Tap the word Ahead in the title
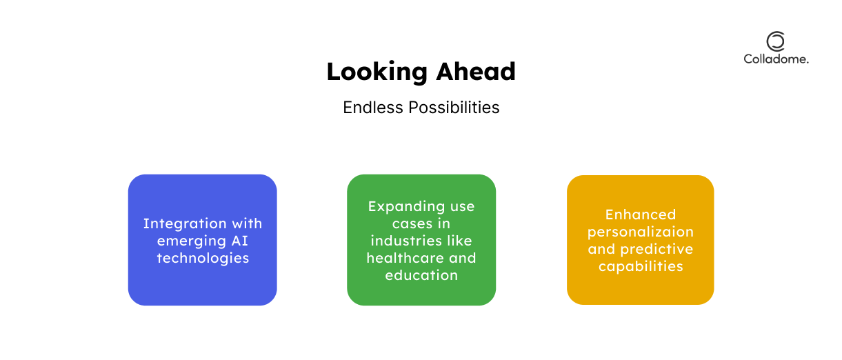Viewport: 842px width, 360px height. point(476,71)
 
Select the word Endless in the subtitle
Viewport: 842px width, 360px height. point(373,108)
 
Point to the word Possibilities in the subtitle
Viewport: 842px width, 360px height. point(454,108)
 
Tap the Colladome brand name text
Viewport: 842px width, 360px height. point(776,59)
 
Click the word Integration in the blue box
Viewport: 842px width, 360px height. point(185,224)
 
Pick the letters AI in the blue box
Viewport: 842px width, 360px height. point(240,241)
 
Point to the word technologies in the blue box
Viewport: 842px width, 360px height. point(203,259)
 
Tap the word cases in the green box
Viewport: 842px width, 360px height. point(410,224)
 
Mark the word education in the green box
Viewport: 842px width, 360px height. point(421,275)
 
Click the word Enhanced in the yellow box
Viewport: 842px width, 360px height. point(641,215)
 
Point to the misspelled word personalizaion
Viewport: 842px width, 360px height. point(641,232)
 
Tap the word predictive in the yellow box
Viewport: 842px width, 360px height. point(656,249)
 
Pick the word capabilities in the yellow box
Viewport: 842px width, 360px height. point(641,267)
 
